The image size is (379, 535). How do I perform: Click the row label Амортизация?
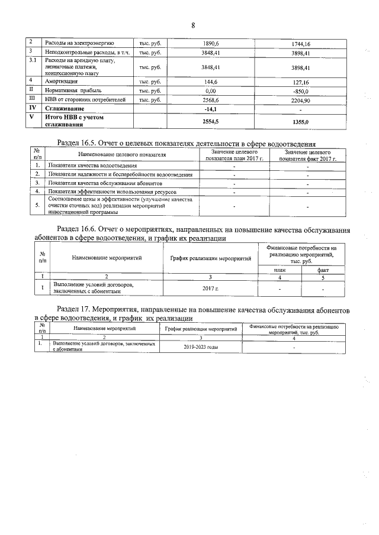(62, 81)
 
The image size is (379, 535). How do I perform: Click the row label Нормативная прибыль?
(73, 91)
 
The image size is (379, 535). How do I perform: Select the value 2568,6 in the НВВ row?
(211, 100)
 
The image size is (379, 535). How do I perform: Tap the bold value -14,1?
(211, 109)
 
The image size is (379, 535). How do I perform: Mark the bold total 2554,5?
(211, 121)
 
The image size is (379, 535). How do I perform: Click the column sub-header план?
(280, 270)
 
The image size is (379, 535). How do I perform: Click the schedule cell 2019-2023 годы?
(201, 347)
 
